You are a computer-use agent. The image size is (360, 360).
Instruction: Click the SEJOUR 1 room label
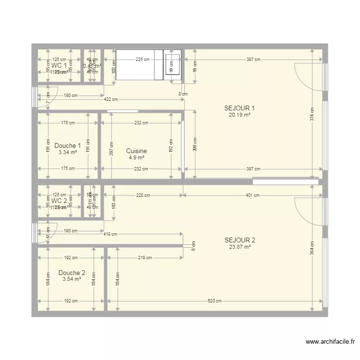pyautogui.click(x=239, y=108)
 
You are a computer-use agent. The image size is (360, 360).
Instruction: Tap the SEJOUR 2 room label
pyautogui.click(x=240, y=240)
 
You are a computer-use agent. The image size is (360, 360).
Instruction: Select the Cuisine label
pyautogui.click(x=136, y=151)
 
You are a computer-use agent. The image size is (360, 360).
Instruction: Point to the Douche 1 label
pyautogui.click(x=68, y=146)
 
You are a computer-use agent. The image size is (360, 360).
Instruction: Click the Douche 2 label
pyautogui.click(x=72, y=273)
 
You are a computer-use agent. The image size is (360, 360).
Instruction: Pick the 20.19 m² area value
pyautogui.click(x=239, y=115)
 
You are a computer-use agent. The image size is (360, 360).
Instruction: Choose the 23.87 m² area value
pyautogui.click(x=240, y=247)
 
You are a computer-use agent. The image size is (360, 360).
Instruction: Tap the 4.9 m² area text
pyautogui.click(x=136, y=157)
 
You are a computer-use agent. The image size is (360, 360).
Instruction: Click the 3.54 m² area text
pyautogui.click(x=72, y=279)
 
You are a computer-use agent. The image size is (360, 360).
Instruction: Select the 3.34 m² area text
pyautogui.click(x=68, y=153)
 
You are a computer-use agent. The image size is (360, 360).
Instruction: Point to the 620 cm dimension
pyautogui.click(x=215, y=301)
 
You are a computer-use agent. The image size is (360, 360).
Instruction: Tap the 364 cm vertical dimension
pyautogui.click(x=312, y=250)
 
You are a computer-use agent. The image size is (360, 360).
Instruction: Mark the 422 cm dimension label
pyautogui.click(x=110, y=99)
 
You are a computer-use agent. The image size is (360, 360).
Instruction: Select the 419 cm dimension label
pyautogui.click(x=110, y=234)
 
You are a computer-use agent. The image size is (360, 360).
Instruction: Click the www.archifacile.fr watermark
pyautogui.click(x=330, y=342)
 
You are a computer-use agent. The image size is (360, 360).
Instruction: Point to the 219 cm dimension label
pyautogui.click(x=145, y=258)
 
